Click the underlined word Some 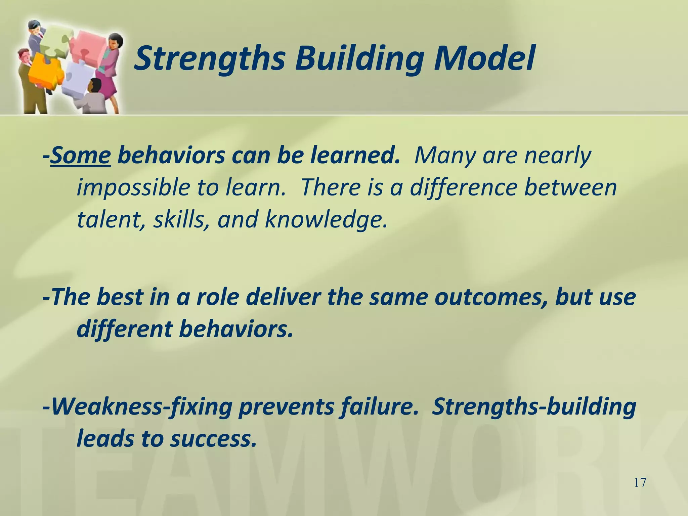tap(81, 156)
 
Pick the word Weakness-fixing tap(142, 407)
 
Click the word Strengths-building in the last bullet tap(534, 407)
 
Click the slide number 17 tap(640, 483)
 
